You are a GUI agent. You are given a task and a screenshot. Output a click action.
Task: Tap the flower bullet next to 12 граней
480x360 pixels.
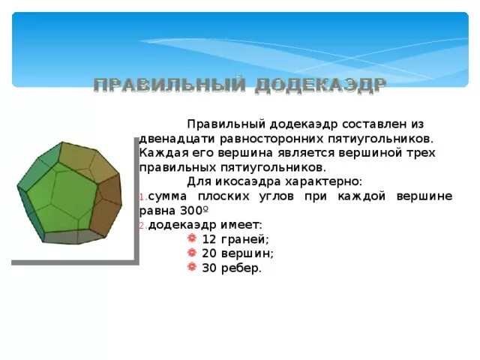coord(192,238)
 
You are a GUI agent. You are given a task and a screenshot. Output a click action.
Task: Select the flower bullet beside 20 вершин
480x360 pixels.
coord(192,253)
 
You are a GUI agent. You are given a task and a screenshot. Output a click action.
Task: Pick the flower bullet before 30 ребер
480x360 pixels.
coord(192,267)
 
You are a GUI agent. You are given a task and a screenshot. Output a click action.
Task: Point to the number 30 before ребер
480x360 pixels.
coord(209,268)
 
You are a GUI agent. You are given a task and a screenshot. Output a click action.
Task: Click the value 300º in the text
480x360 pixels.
coord(193,211)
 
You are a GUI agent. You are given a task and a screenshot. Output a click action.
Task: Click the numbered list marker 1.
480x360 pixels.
coord(142,196)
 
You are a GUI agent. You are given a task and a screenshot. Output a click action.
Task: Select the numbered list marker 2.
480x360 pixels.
coord(142,225)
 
